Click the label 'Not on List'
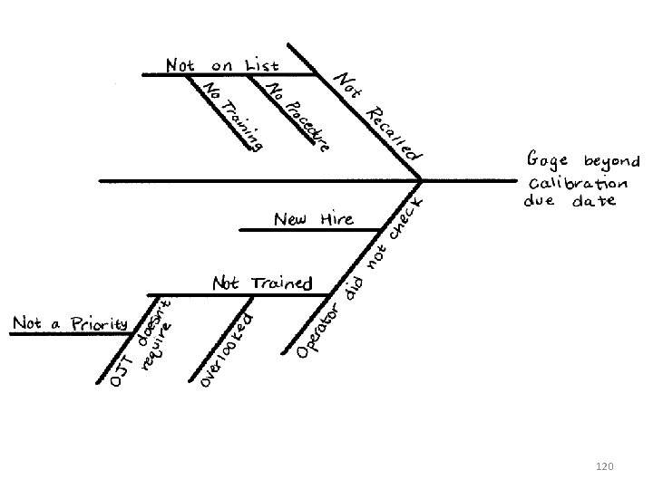pos(222,65)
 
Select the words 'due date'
pos(570,201)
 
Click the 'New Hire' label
pos(314,219)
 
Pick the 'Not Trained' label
pos(262,283)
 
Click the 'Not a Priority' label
pos(71,323)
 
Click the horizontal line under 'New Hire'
pos(308,230)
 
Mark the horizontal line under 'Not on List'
pos(227,74)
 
